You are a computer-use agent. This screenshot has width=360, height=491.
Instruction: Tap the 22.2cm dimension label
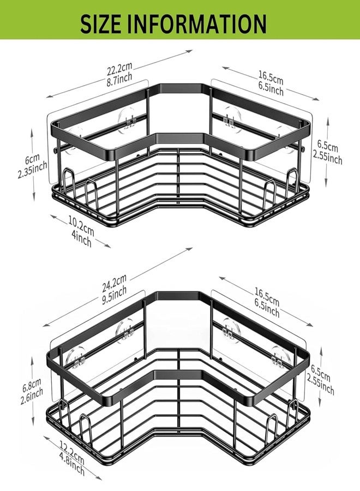pos(119,69)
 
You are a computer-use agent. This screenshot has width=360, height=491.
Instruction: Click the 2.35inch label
pos(33,170)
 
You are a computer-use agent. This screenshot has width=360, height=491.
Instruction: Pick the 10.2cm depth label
pos(81,226)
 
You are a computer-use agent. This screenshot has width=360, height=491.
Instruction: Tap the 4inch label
pos(81,237)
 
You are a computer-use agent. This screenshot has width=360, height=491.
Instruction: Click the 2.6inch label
pos(32,397)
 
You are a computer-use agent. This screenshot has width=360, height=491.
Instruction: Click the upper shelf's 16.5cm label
pos(271,78)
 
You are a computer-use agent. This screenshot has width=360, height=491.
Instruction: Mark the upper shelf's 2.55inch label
pos(328,156)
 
